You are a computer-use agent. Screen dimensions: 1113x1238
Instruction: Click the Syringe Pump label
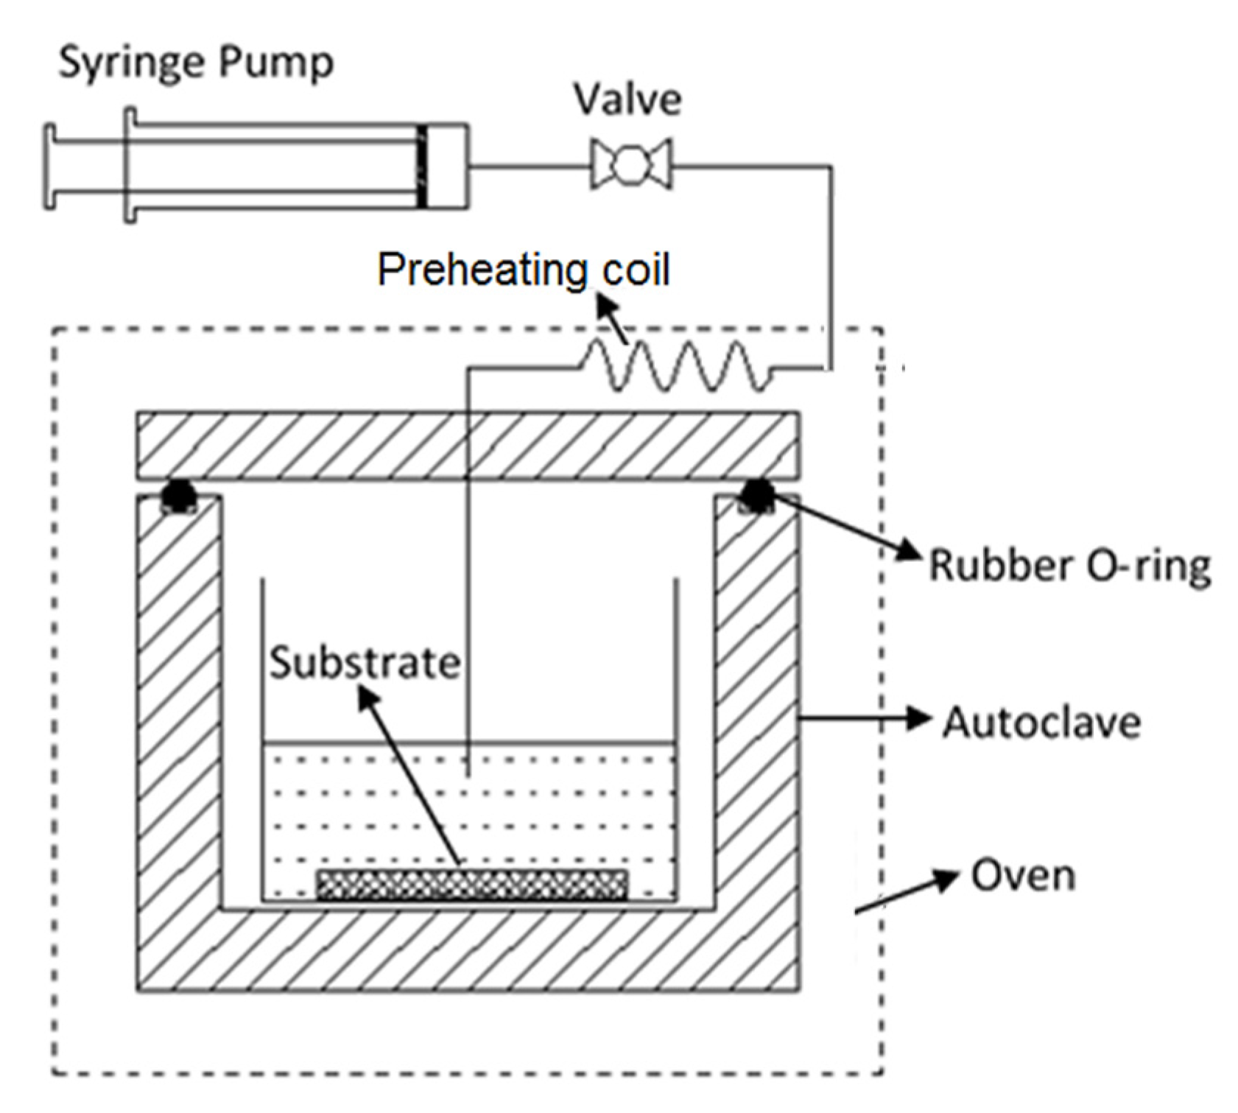coord(195,63)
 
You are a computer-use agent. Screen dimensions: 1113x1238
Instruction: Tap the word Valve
coord(627,100)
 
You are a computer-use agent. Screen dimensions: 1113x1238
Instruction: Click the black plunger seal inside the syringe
coord(422,166)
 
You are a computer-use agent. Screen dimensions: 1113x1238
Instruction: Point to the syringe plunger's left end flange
coord(49,166)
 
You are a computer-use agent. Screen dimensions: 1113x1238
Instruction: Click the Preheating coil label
coord(523,270)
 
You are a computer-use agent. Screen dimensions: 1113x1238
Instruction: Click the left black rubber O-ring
coord(177,495)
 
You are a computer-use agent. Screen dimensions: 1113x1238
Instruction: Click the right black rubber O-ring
coord(756,495)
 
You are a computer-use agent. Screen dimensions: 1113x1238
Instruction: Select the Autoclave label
coord(1042,722)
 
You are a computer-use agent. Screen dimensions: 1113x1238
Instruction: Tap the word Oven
coord(1023,876)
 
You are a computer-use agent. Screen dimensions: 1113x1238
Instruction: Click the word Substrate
coord(364,662)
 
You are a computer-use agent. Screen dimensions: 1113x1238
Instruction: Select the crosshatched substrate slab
coord(471,885)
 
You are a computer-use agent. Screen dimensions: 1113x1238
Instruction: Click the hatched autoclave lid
coord(468,446)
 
